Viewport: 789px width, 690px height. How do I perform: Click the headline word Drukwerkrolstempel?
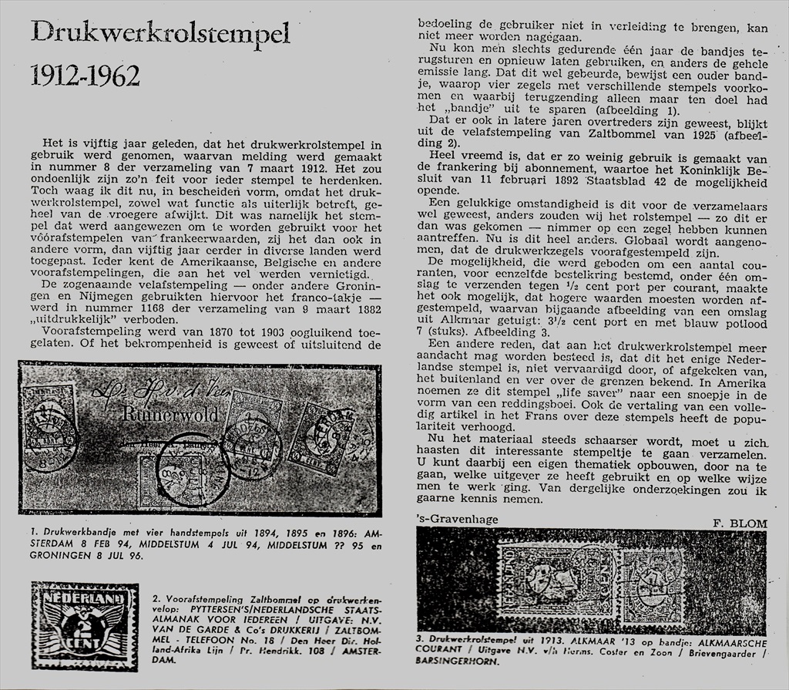pyautogui.click(x=160, y=33)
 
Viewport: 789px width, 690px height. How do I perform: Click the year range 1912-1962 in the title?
pyautogui.click(x=85, y=76)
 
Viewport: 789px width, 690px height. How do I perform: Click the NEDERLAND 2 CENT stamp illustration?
pyautogui.click(x=84, y=626)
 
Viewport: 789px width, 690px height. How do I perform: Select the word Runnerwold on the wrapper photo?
pyautogui.click(x=170, y=414)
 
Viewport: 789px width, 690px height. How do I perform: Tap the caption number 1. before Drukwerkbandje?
pyautogui.click(x=35, y=533)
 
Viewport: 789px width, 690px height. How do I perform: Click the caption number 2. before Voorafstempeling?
pyautogui.click(x=157, y=598)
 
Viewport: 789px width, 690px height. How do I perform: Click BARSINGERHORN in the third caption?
pyautogui.click(x=458, y=661)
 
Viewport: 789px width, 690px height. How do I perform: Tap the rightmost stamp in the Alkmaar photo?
pyautogui.click(x=652, y=584)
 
